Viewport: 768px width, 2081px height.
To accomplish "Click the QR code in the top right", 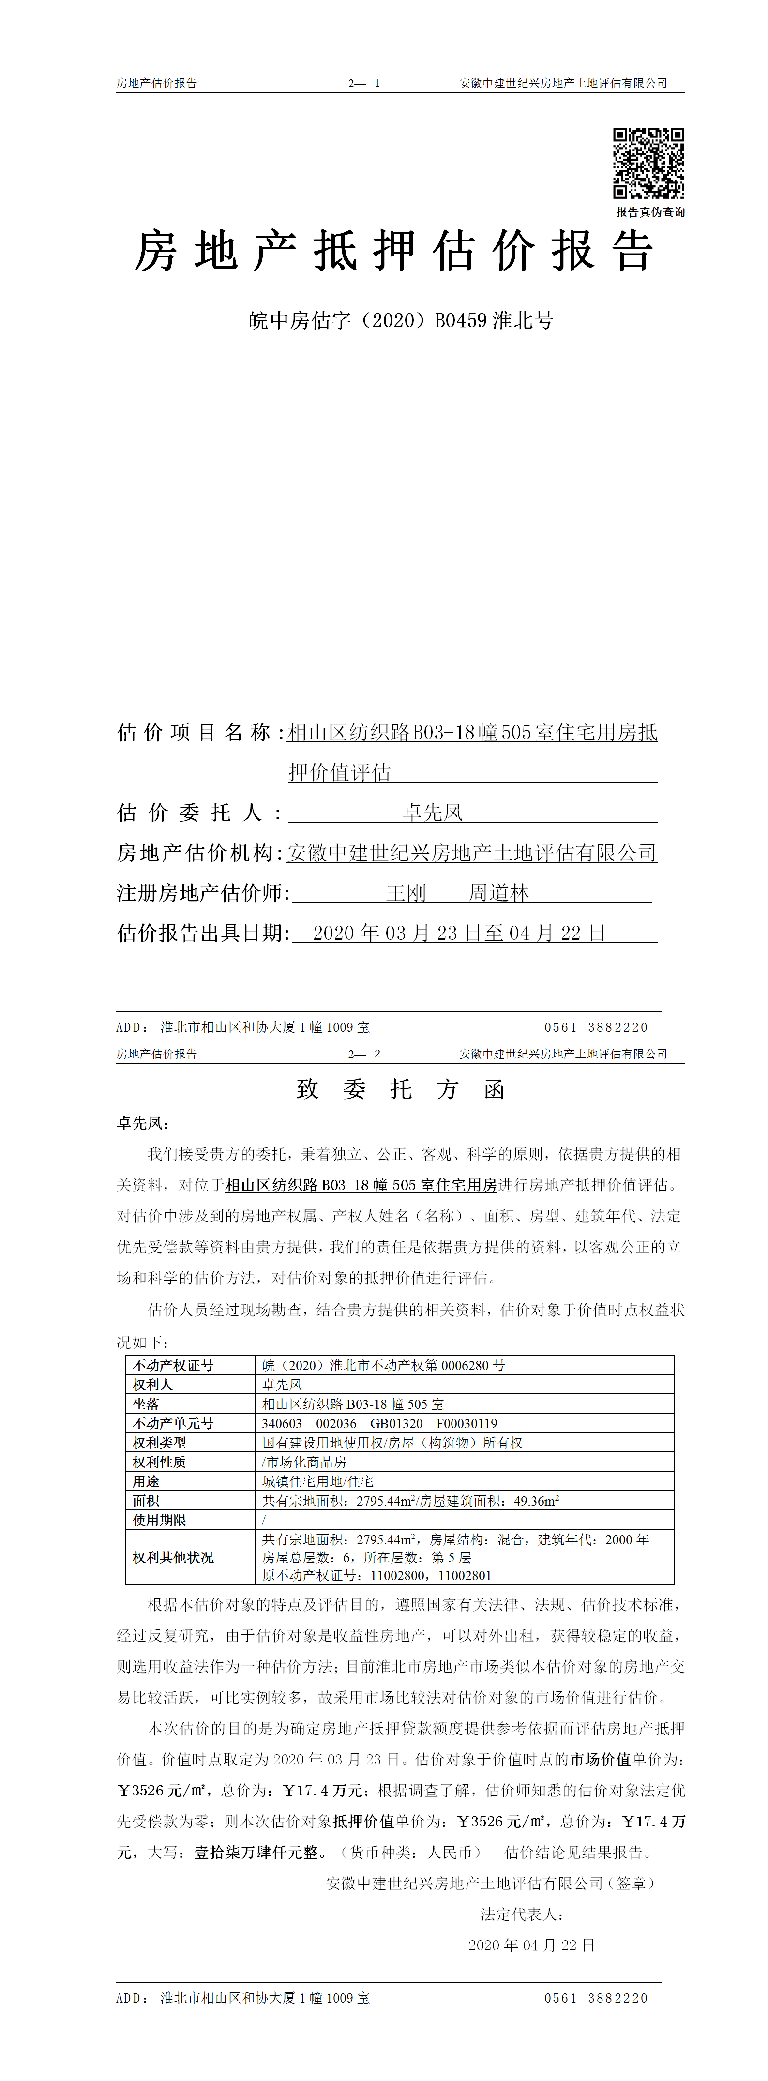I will pyautogui.click(x=648, y=163).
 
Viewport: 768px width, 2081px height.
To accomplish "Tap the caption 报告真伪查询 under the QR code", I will pyautogui.click(x=650, y=212).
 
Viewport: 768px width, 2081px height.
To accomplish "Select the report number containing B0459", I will pyautogui.click(x=401, y=321).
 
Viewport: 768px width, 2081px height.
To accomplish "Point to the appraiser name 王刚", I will pyautogui.click(x=406, y=893).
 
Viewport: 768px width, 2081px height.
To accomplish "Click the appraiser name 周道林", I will pyautogui.click(x=498, y=893).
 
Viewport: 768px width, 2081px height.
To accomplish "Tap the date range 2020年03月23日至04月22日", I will pyautogui.click(x=459, y=933).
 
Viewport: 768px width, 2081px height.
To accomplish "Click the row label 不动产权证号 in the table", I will pyautogui.click(x=174, y=1365).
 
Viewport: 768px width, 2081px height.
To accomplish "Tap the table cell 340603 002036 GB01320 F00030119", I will pyautogui.click(x=379, y=1423).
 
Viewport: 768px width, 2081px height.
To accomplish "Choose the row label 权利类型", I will pyautogui.click(x=160, y=1443).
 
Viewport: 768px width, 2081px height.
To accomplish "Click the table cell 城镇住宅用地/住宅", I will pyautogui.click(x=318, y=1481).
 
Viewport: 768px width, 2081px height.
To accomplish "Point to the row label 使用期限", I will pyautogui.click(x=160, y=1521).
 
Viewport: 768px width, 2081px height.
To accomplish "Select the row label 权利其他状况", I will pyautogui.click(x=174, y=1557).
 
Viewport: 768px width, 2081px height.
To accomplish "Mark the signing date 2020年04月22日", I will pyautogui.click(x=531, y=1945).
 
